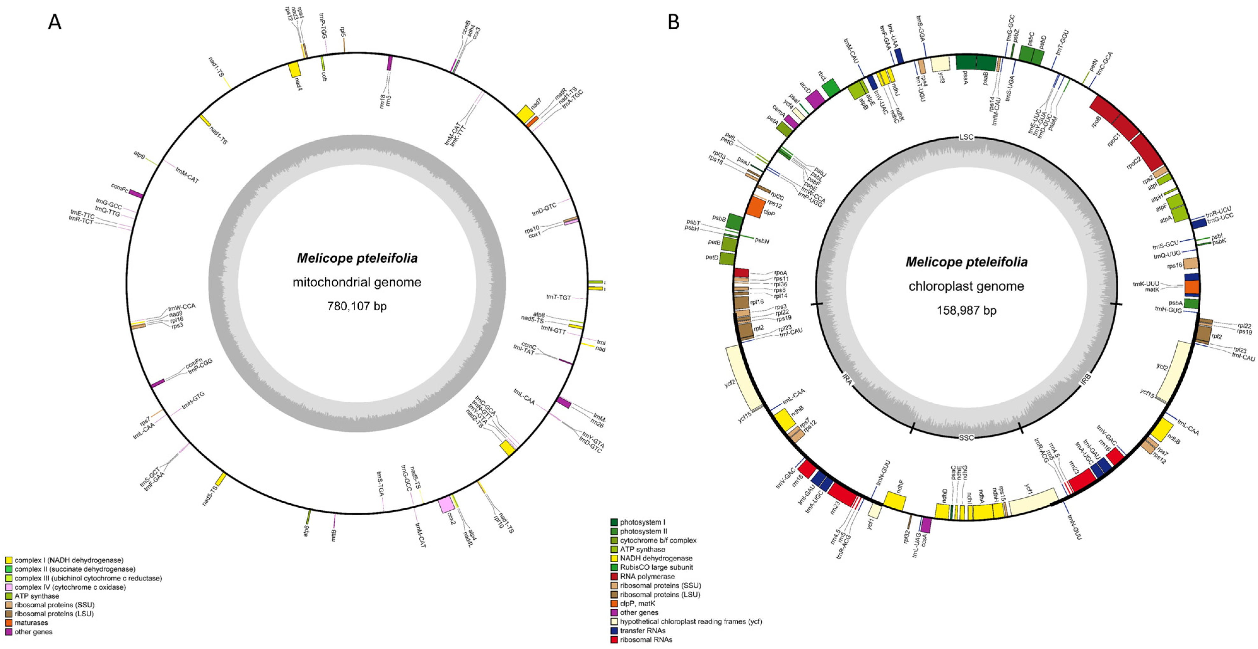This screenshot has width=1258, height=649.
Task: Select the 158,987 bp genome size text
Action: point(966,310)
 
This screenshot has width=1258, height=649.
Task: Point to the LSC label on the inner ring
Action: point(966,137)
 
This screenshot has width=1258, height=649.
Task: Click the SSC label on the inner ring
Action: point(966,437)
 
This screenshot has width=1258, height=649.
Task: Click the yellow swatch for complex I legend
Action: point(9,560)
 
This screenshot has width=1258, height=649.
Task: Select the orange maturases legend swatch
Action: point(9,623)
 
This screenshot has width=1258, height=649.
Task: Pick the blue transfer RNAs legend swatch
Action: point(614,630)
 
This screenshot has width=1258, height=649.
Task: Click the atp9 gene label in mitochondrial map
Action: point(139,155)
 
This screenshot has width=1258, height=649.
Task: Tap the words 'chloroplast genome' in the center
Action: point(966,286)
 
